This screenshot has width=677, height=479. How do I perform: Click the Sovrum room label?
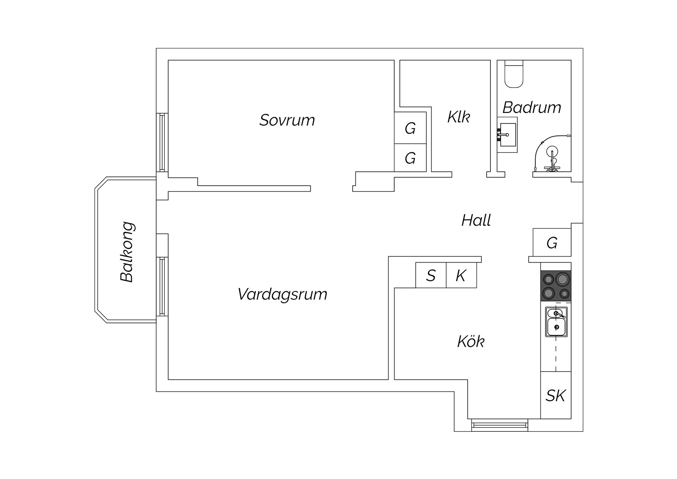[287, 120]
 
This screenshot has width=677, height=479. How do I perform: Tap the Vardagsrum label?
[282, 294]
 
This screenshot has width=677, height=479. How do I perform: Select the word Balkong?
[127, 252]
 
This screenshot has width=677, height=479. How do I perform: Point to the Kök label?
[471, 342]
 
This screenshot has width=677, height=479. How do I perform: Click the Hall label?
[476, 221]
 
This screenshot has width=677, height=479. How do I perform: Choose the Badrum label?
[531, 108]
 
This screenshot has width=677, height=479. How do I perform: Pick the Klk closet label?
[458, 117]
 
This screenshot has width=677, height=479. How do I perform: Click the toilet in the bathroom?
[514, 74]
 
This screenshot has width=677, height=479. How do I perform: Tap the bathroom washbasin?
[508, 135]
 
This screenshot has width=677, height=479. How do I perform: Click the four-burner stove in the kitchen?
[556, 286]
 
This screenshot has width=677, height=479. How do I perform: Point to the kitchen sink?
[556, 322]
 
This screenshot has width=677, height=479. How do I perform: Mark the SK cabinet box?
[556, 395]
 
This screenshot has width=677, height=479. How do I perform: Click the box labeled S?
[431, 275]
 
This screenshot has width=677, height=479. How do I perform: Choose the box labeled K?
[461, 275]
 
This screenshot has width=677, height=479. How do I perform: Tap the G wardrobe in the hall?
[552, 243]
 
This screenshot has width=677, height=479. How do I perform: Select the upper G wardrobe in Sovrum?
[410, 128]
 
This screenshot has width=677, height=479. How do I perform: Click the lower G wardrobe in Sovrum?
[410, 158]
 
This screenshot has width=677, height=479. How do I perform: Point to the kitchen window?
[500, 425]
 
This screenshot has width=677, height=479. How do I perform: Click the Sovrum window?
[162, 142]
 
